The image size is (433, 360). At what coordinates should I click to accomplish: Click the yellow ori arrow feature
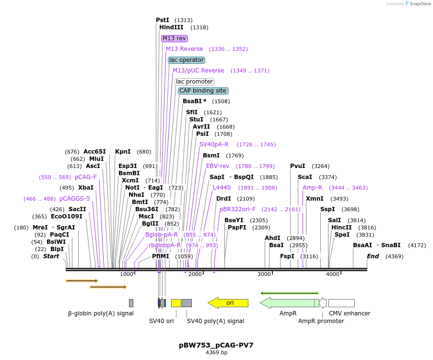tap(228, 303)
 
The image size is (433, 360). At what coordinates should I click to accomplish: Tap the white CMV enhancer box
tap(341, 303)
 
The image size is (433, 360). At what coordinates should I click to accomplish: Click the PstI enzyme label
tap(163, 20)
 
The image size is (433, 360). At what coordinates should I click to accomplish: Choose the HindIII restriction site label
tap(171, 27)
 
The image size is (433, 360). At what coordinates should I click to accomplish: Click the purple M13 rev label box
tap(175, 38)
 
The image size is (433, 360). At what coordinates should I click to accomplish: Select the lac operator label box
tap(187, 60)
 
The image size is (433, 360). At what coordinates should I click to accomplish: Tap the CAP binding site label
tap(203, 91)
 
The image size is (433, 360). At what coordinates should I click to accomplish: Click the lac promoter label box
tap(194, 82)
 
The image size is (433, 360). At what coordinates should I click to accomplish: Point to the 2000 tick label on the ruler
tap(195, 274)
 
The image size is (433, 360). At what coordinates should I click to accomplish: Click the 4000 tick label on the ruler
tap(332, 274)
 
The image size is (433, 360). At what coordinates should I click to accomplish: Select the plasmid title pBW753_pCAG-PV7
tap(216, 345)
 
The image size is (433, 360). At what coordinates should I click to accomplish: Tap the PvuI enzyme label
tap(297, 166)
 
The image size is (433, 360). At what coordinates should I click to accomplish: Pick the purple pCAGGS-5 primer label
tap(74, 199)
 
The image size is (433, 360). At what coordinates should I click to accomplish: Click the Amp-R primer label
tap(312, 188)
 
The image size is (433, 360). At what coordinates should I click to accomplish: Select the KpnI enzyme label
tap(123, 152)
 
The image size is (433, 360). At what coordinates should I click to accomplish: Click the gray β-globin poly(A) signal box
tap(131, 303)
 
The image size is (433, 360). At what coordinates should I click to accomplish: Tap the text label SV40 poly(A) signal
tap(215, 321)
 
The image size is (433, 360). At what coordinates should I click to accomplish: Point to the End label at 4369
tap(373, 256)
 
